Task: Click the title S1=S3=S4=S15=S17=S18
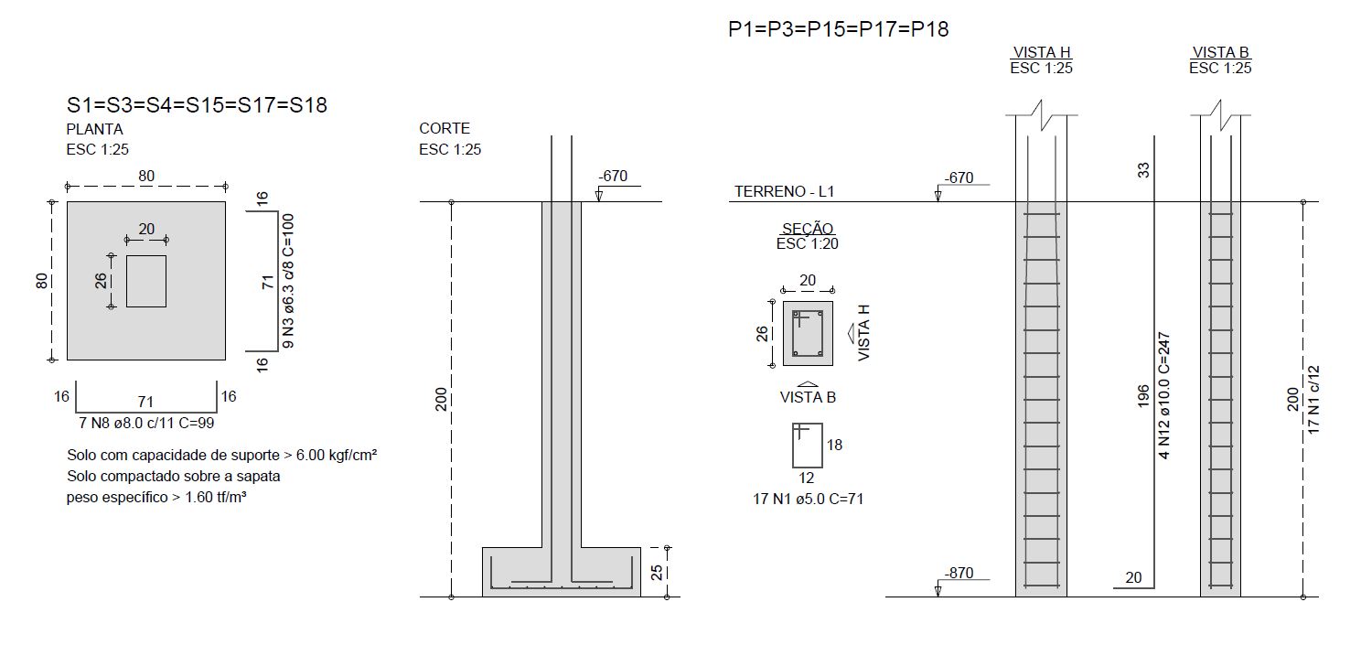click(x=197, y=105)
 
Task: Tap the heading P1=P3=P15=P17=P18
click(x=839, y=29)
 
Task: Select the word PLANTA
click(x=95, y=129)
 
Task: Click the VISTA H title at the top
click(x=1042, y=52)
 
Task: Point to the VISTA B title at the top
click(x=1220, y=52)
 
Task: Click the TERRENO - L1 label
click(x=785, y=191)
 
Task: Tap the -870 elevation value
click(x=959, y=573)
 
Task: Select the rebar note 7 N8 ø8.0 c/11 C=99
click(x=146, y=423)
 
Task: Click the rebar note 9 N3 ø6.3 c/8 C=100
click(x=288, y=281)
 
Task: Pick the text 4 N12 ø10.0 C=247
click(x=1163, y=396)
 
